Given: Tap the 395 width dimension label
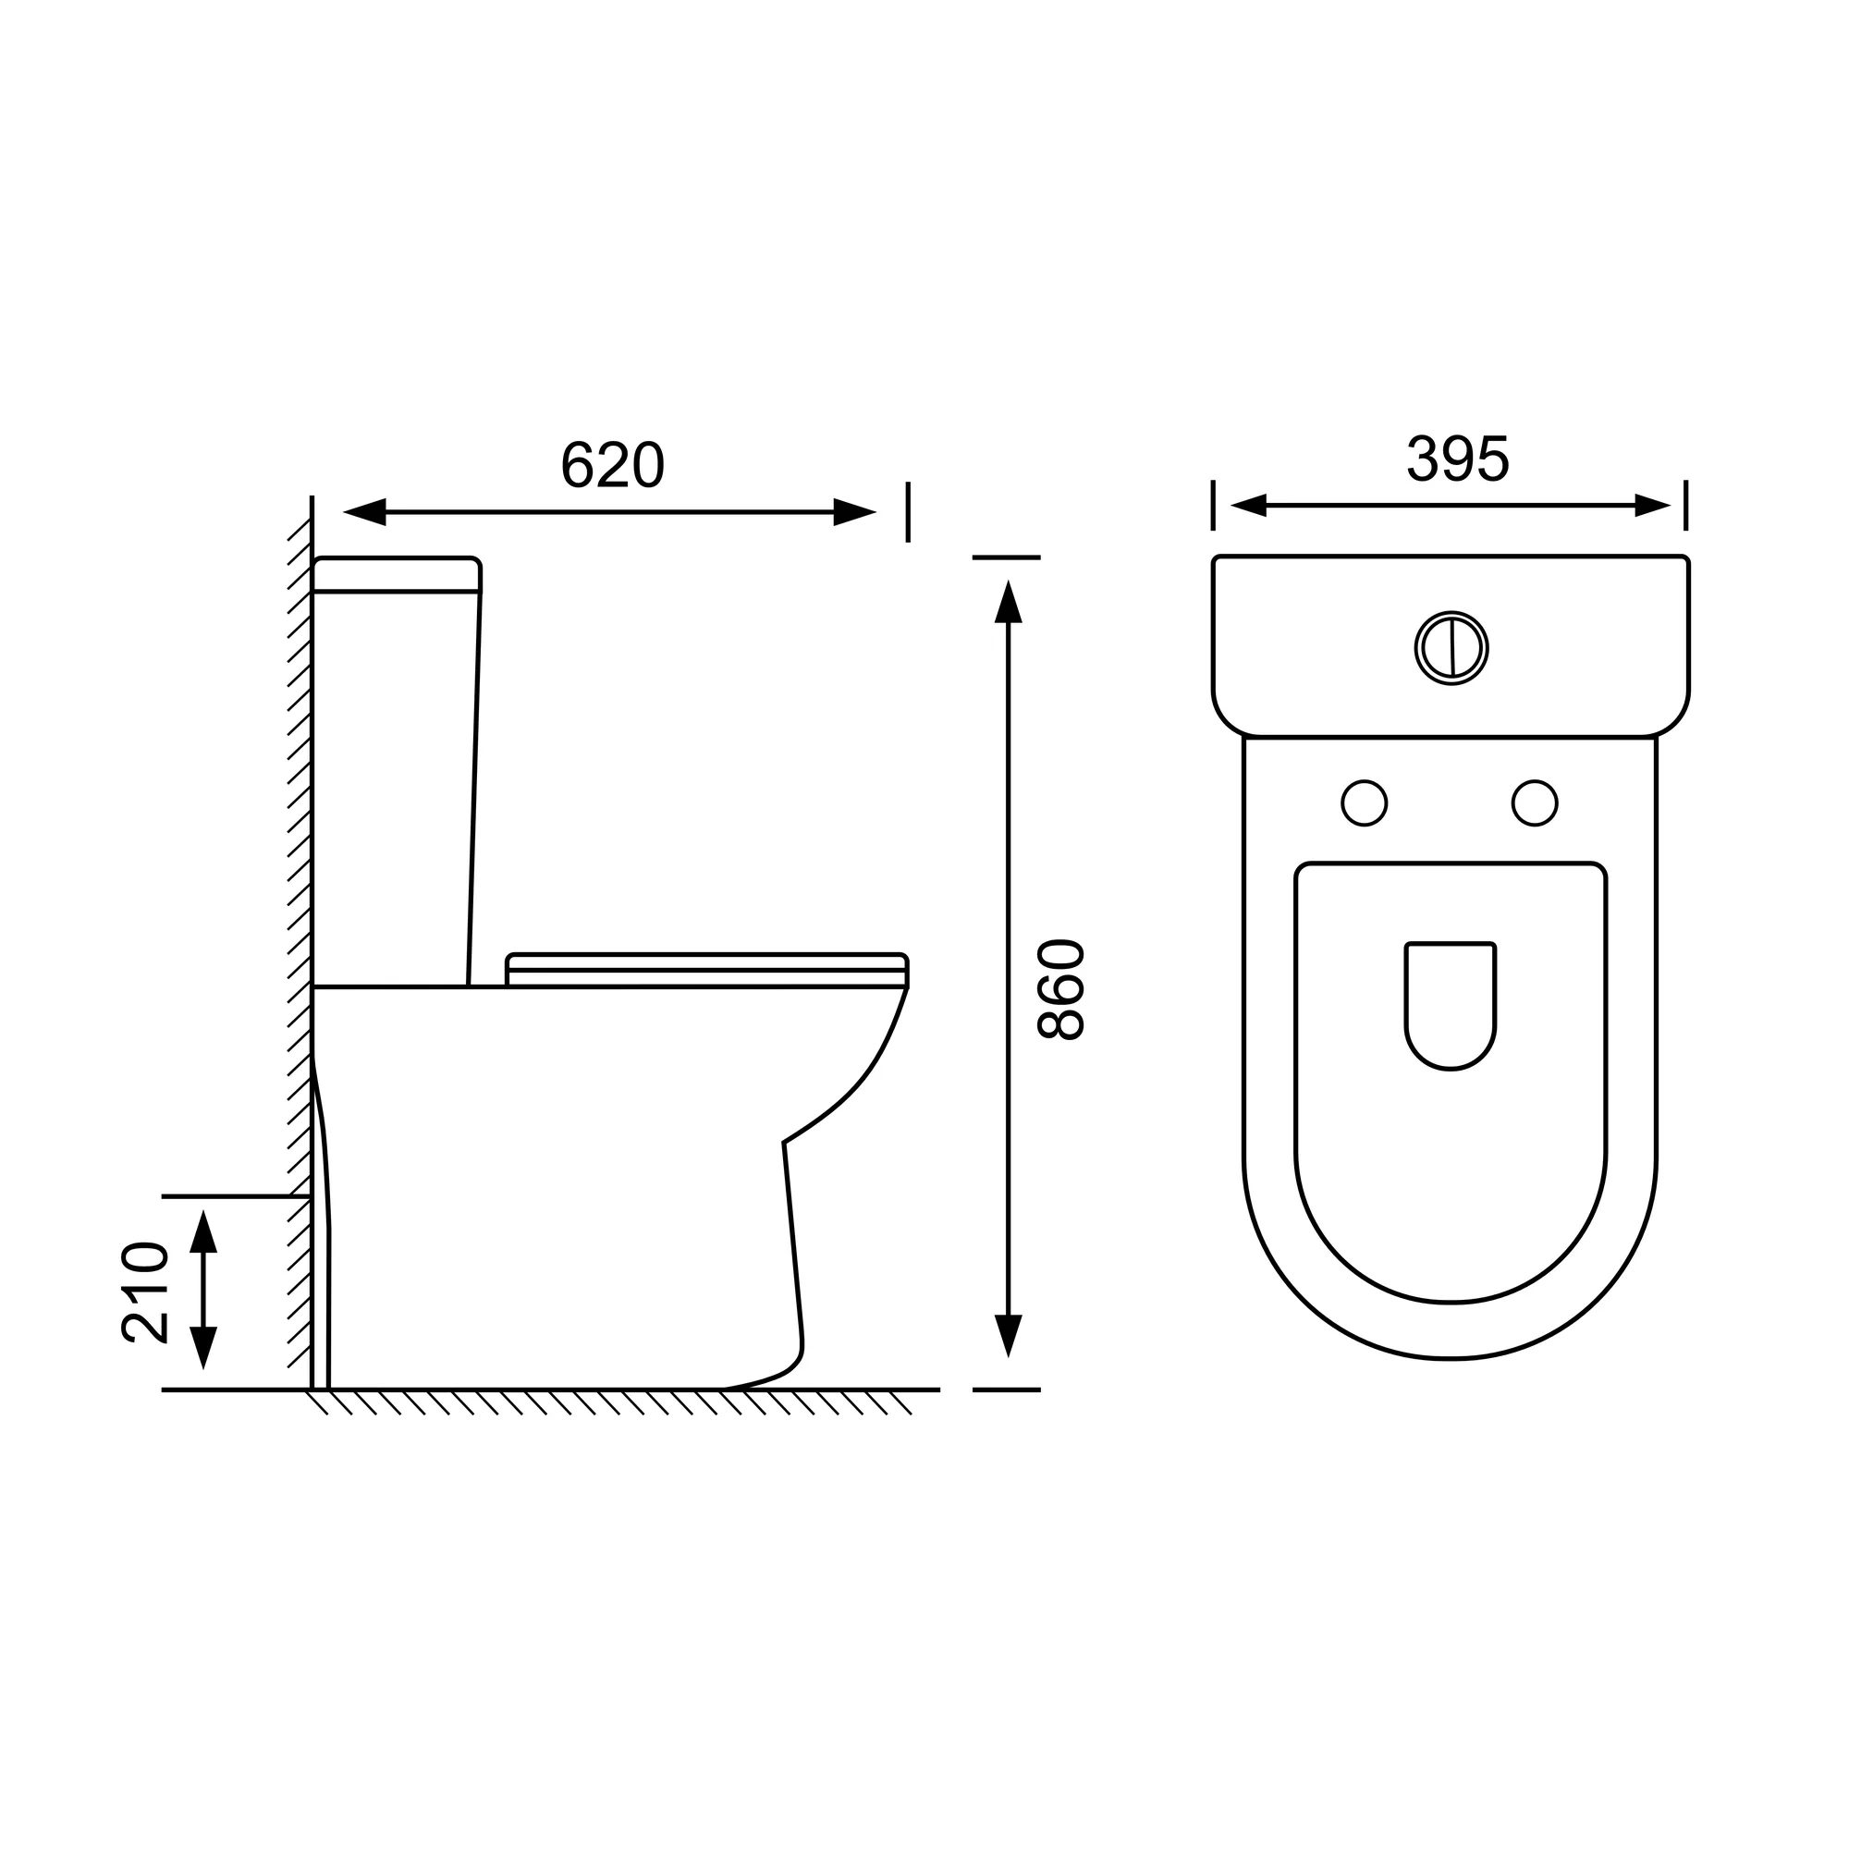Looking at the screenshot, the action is coord(1458,459).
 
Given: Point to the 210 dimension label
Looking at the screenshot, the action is coord(145,1293).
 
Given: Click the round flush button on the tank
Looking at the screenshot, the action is coord(1451,648).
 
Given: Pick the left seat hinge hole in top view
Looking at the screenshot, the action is coord(1364,803).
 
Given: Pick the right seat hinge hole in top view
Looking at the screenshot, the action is coord(1534,803).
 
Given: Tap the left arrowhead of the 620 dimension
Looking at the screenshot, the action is coord(363,512).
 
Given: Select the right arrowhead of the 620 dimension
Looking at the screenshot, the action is coord(854,512).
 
